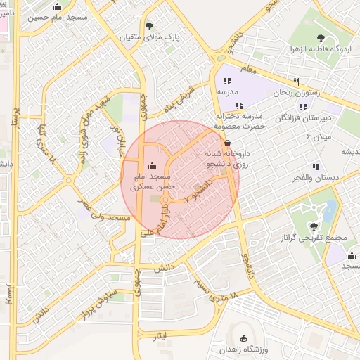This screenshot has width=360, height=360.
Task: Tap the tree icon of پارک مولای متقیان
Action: point(149,26)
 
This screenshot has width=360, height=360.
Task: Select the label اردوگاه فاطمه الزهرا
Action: point(321,50)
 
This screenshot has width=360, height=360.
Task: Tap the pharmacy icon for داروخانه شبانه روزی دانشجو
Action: point(226,141)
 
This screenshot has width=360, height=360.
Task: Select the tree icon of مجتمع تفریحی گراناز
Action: point(313,226)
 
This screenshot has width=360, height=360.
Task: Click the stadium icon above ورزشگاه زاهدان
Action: point(244,338)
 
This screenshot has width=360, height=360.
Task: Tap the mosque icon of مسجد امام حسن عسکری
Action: point(153,166)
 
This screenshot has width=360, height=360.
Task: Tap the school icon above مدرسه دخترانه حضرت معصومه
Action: point(239,105)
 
